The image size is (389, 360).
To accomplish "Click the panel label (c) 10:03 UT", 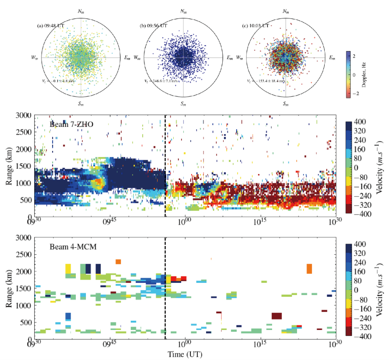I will pos(256,26).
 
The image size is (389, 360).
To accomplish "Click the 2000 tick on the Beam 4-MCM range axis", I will pos(23,272).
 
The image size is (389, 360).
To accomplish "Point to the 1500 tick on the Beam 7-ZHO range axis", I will pos(23,166).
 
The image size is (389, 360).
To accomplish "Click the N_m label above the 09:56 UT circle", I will pos(184,11).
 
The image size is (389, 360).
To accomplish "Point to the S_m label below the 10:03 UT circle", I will pos(287,103).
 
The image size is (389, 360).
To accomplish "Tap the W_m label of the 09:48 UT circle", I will pos(34,58).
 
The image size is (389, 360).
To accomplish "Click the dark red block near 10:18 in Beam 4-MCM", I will pos(277,316).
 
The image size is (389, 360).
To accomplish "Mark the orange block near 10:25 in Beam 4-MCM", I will pos(309,268).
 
